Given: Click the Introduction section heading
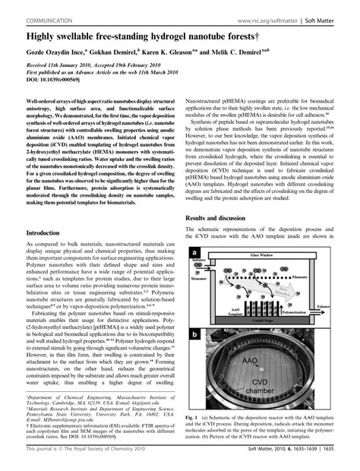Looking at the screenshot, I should (48, 232).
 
